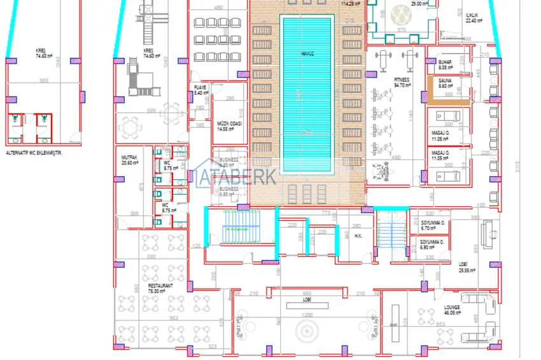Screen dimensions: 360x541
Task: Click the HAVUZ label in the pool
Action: [307, 53]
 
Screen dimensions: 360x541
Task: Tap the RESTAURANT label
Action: [160, 286]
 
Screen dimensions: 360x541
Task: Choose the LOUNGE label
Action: [453, 307]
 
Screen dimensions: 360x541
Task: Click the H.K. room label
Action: [358, 236]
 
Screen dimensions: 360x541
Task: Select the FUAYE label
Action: [200, 88]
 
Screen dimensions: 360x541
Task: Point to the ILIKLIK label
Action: [472, 15]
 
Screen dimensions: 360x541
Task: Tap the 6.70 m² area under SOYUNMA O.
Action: [428, 228]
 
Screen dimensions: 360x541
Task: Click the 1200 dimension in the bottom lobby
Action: [307, 315]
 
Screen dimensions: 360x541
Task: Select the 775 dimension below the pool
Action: [326, 212]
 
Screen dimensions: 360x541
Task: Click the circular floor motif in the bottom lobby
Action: [307, 333]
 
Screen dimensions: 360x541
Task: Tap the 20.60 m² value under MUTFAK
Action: [130, 163]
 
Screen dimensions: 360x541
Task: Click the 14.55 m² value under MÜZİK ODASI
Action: [225, 129]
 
